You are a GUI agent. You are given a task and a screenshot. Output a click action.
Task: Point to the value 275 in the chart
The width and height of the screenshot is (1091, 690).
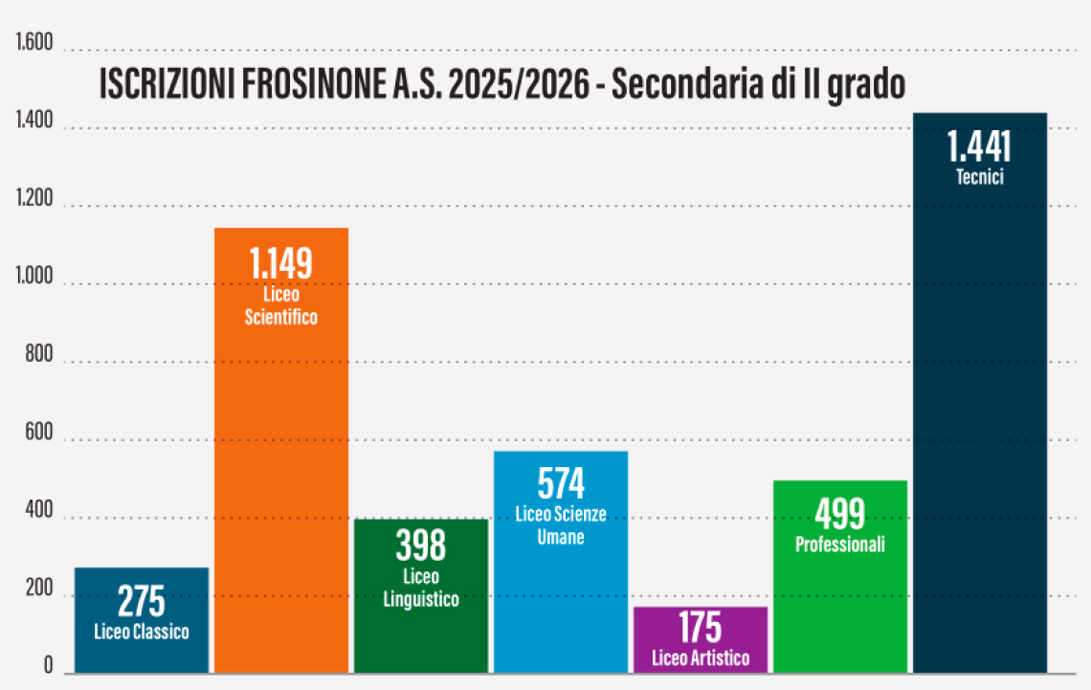coord(141,603)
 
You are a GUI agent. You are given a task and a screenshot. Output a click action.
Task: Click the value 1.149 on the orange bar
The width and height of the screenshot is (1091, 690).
coord(280,264)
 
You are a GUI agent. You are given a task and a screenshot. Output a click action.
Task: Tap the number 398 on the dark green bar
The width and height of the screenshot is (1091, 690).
coord(420,546)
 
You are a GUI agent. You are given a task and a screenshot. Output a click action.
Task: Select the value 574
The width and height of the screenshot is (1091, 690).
coord(561,483)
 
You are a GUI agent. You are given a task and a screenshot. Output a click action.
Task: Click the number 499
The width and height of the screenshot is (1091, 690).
coord(839,515)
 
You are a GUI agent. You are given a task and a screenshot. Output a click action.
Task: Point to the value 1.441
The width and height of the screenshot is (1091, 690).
coord(979,146)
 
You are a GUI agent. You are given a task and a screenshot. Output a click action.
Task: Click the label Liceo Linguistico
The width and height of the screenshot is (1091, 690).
coord(420,589)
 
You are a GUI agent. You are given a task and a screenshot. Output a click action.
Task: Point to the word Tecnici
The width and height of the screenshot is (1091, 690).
coord(979,177)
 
